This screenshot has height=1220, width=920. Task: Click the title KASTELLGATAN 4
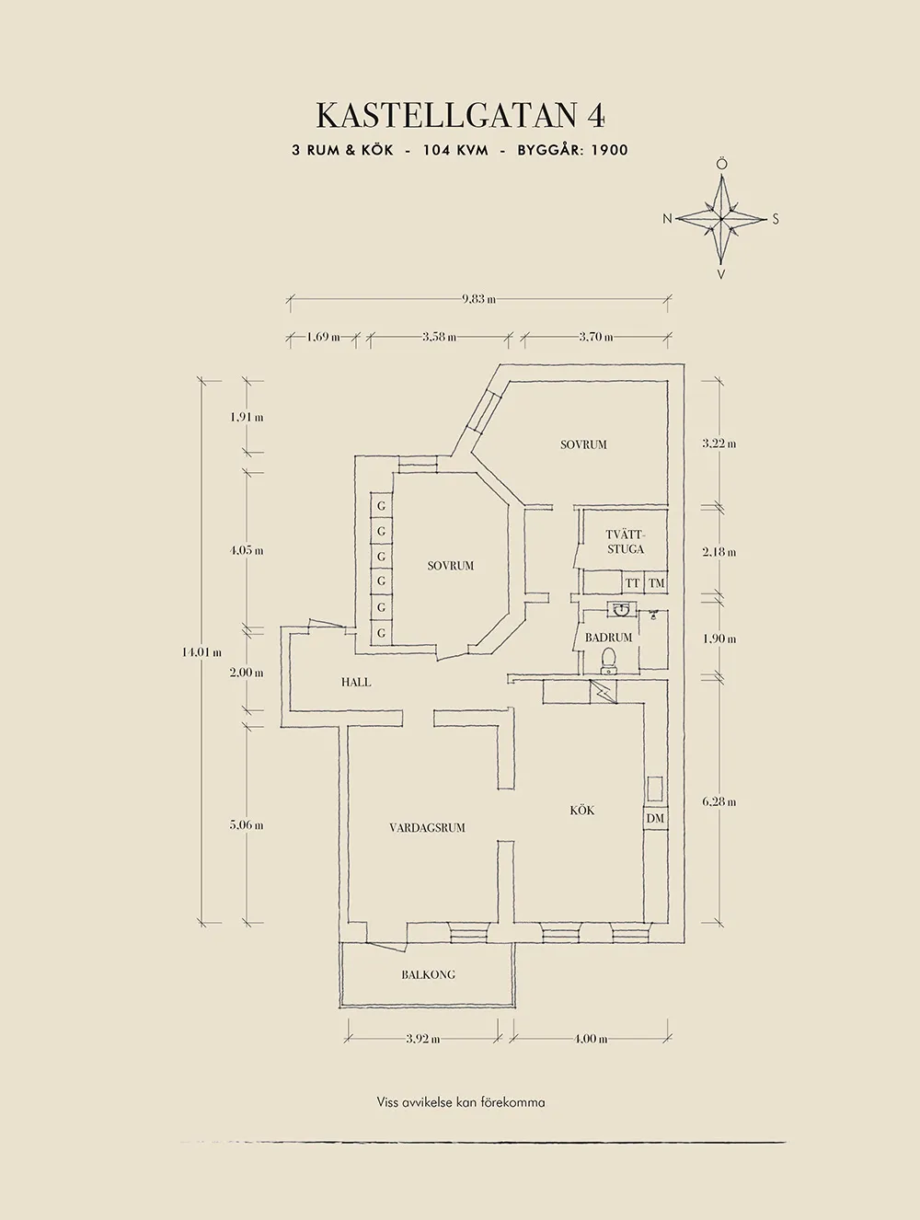[x=460, y=115]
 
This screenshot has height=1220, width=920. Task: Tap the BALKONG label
[x=428, y=974]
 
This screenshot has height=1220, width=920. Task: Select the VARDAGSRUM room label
[x=427, y=827]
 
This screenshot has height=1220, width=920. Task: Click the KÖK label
[x=581, y=810]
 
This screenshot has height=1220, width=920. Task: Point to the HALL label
[x=356, y=682]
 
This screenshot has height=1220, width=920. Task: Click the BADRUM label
[x=608, y=637]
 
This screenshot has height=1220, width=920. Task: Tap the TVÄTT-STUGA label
[x=625, y=542]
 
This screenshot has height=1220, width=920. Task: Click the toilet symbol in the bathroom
[x=607, y=660]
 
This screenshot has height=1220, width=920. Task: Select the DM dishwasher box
[x=655, y=818]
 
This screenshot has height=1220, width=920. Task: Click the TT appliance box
[x=632, y=583]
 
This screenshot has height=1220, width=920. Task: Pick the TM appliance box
[x=656, y=583]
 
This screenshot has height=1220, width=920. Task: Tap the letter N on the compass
[x=668, y=219]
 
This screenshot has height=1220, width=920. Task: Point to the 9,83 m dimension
[x=478, y=298]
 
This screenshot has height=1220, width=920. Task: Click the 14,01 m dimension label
[x=201, y=651]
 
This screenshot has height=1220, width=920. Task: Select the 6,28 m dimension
[x=719, y=801]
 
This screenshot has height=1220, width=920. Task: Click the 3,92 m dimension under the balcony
[x=422, y=1039]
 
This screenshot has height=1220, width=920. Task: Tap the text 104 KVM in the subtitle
[x=455, y=150]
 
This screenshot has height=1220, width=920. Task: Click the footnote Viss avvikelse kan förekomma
[x=460, y=1101]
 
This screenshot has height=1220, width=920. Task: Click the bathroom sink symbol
[x=618, y=608]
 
